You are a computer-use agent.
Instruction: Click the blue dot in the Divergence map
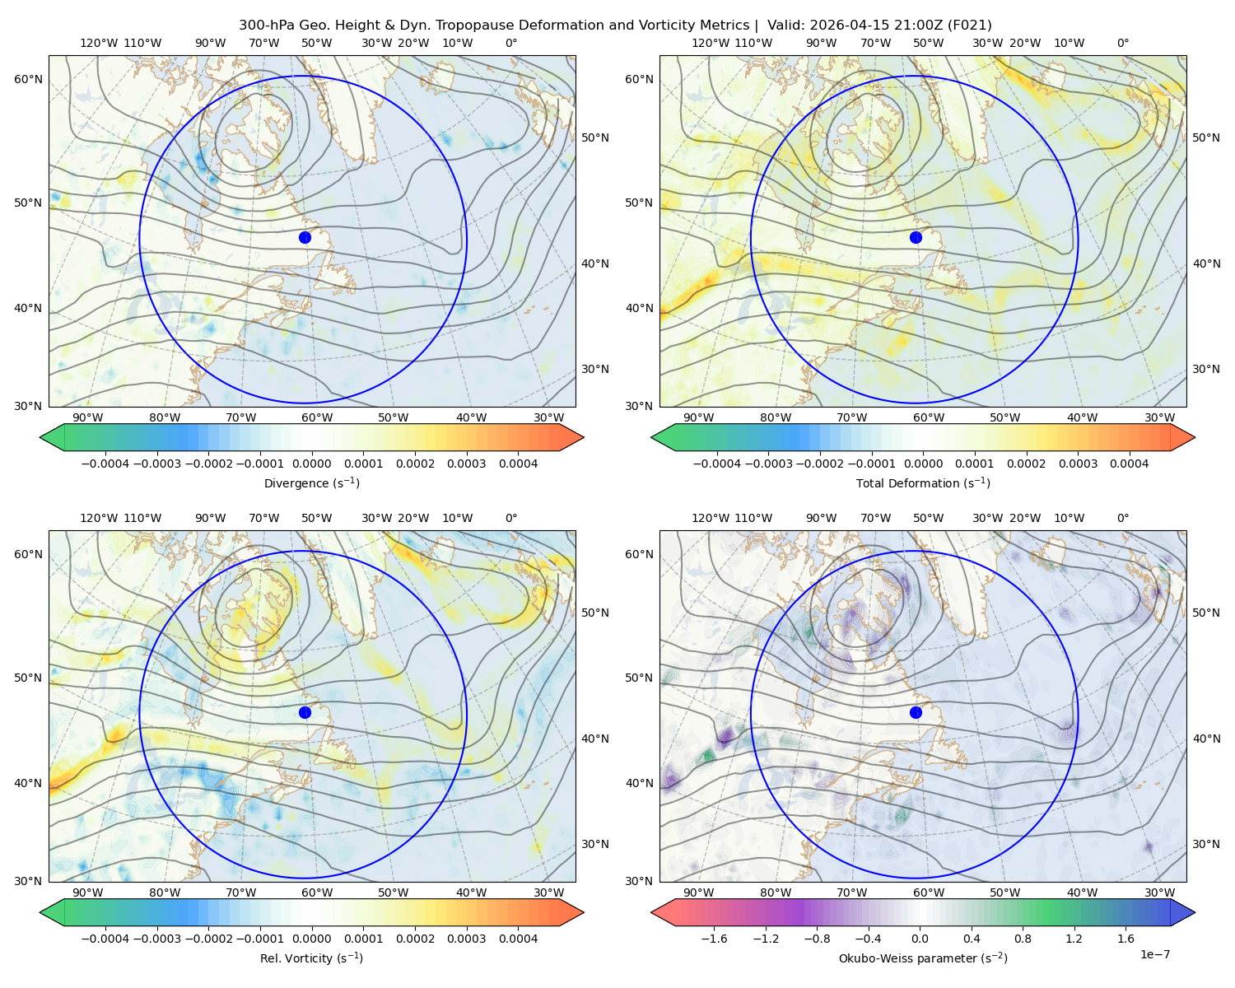(x=305, y=238)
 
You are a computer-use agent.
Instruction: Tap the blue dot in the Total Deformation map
(x=916, y=238)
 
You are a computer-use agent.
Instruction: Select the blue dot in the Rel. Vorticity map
(x=305, y=712)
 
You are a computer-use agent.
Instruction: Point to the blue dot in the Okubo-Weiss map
(x=916, y=712)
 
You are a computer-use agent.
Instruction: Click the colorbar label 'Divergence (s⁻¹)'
(x=311, y=482)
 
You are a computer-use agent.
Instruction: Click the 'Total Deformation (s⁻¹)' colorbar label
(x=923, y=482)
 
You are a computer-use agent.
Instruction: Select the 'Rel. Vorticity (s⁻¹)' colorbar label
(x=311, y=958)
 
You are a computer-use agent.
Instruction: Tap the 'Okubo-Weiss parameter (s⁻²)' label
(x=923, y=958)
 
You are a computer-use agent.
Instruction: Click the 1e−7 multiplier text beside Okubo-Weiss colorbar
(x=1154, y=954)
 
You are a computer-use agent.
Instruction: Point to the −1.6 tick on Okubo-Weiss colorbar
(x=714, y=939)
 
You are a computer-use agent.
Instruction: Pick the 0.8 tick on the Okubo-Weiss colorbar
(x=1023, y=939)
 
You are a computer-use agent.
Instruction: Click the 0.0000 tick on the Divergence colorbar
(x=311, y=464)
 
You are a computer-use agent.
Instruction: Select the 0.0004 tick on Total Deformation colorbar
(x=1129, y=464)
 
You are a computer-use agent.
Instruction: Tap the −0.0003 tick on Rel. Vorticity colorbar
(x=156, y=939)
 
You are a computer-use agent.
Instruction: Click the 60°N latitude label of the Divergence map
(x=28, y=79)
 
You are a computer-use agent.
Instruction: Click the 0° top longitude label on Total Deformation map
(x=1122, y=43)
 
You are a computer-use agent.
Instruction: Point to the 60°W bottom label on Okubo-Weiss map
(x=928, y=892)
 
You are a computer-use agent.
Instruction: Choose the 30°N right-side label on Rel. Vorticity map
(x=595, y=844)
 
